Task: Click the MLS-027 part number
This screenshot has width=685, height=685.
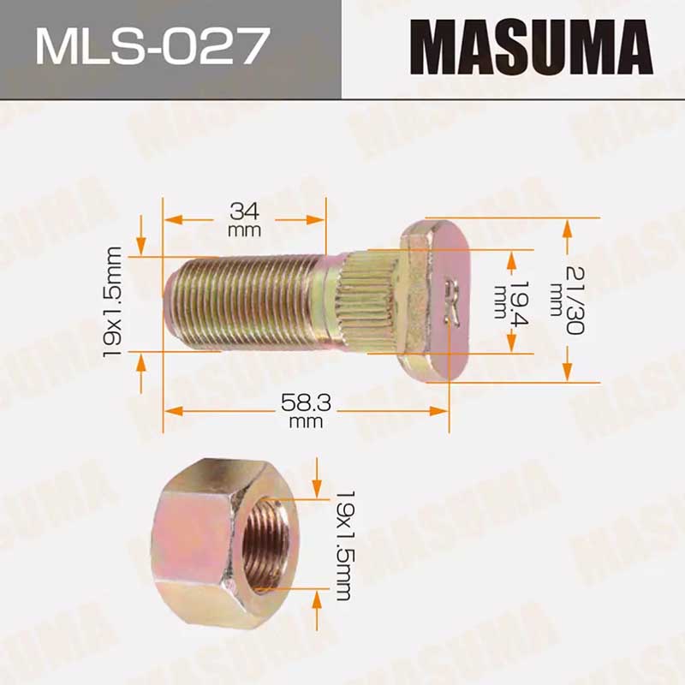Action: coord(152,46)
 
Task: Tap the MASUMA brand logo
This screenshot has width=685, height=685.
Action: coord(531,47)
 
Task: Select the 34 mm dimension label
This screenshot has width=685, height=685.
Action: coord(245,219)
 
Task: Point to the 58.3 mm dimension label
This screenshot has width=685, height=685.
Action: coord(306,411)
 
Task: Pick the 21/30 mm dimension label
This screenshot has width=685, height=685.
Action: coord(568,301)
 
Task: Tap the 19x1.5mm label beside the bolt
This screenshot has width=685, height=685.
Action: coord(112,302)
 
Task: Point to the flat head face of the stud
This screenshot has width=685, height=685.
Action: coord(450,301)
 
